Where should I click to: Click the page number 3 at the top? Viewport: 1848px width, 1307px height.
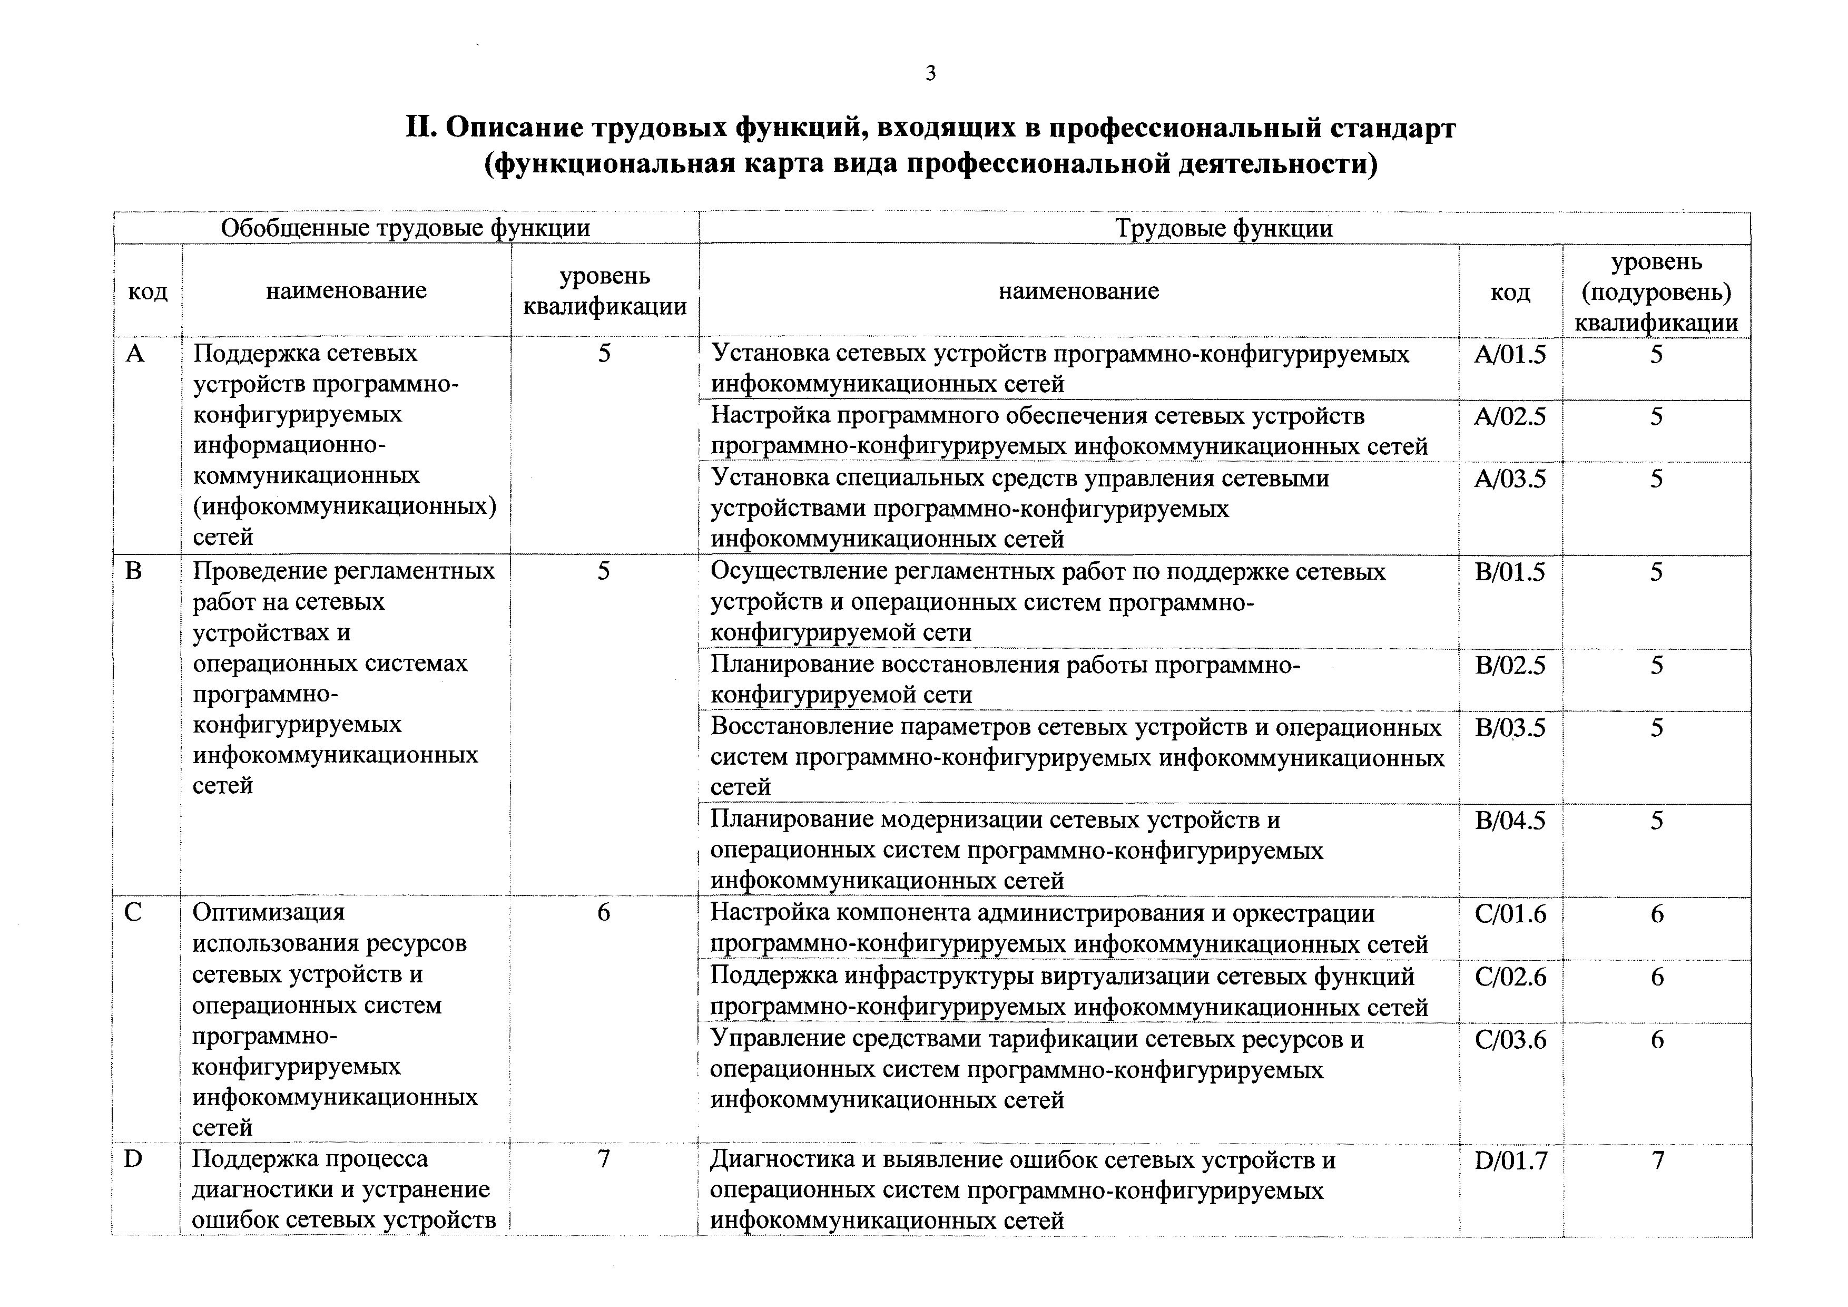point(930,74)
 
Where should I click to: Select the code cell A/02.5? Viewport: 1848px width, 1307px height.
point(1510,417)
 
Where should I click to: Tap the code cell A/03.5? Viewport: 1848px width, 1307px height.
point(1510,479)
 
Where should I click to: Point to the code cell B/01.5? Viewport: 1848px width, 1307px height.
point(1510,572)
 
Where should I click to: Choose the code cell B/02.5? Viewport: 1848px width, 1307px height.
point(1510,666)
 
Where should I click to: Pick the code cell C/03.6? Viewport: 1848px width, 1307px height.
point(1510,1040)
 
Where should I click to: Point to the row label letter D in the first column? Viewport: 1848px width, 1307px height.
point(134,1159)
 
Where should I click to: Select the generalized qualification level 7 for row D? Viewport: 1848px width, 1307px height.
point(604,1159)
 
